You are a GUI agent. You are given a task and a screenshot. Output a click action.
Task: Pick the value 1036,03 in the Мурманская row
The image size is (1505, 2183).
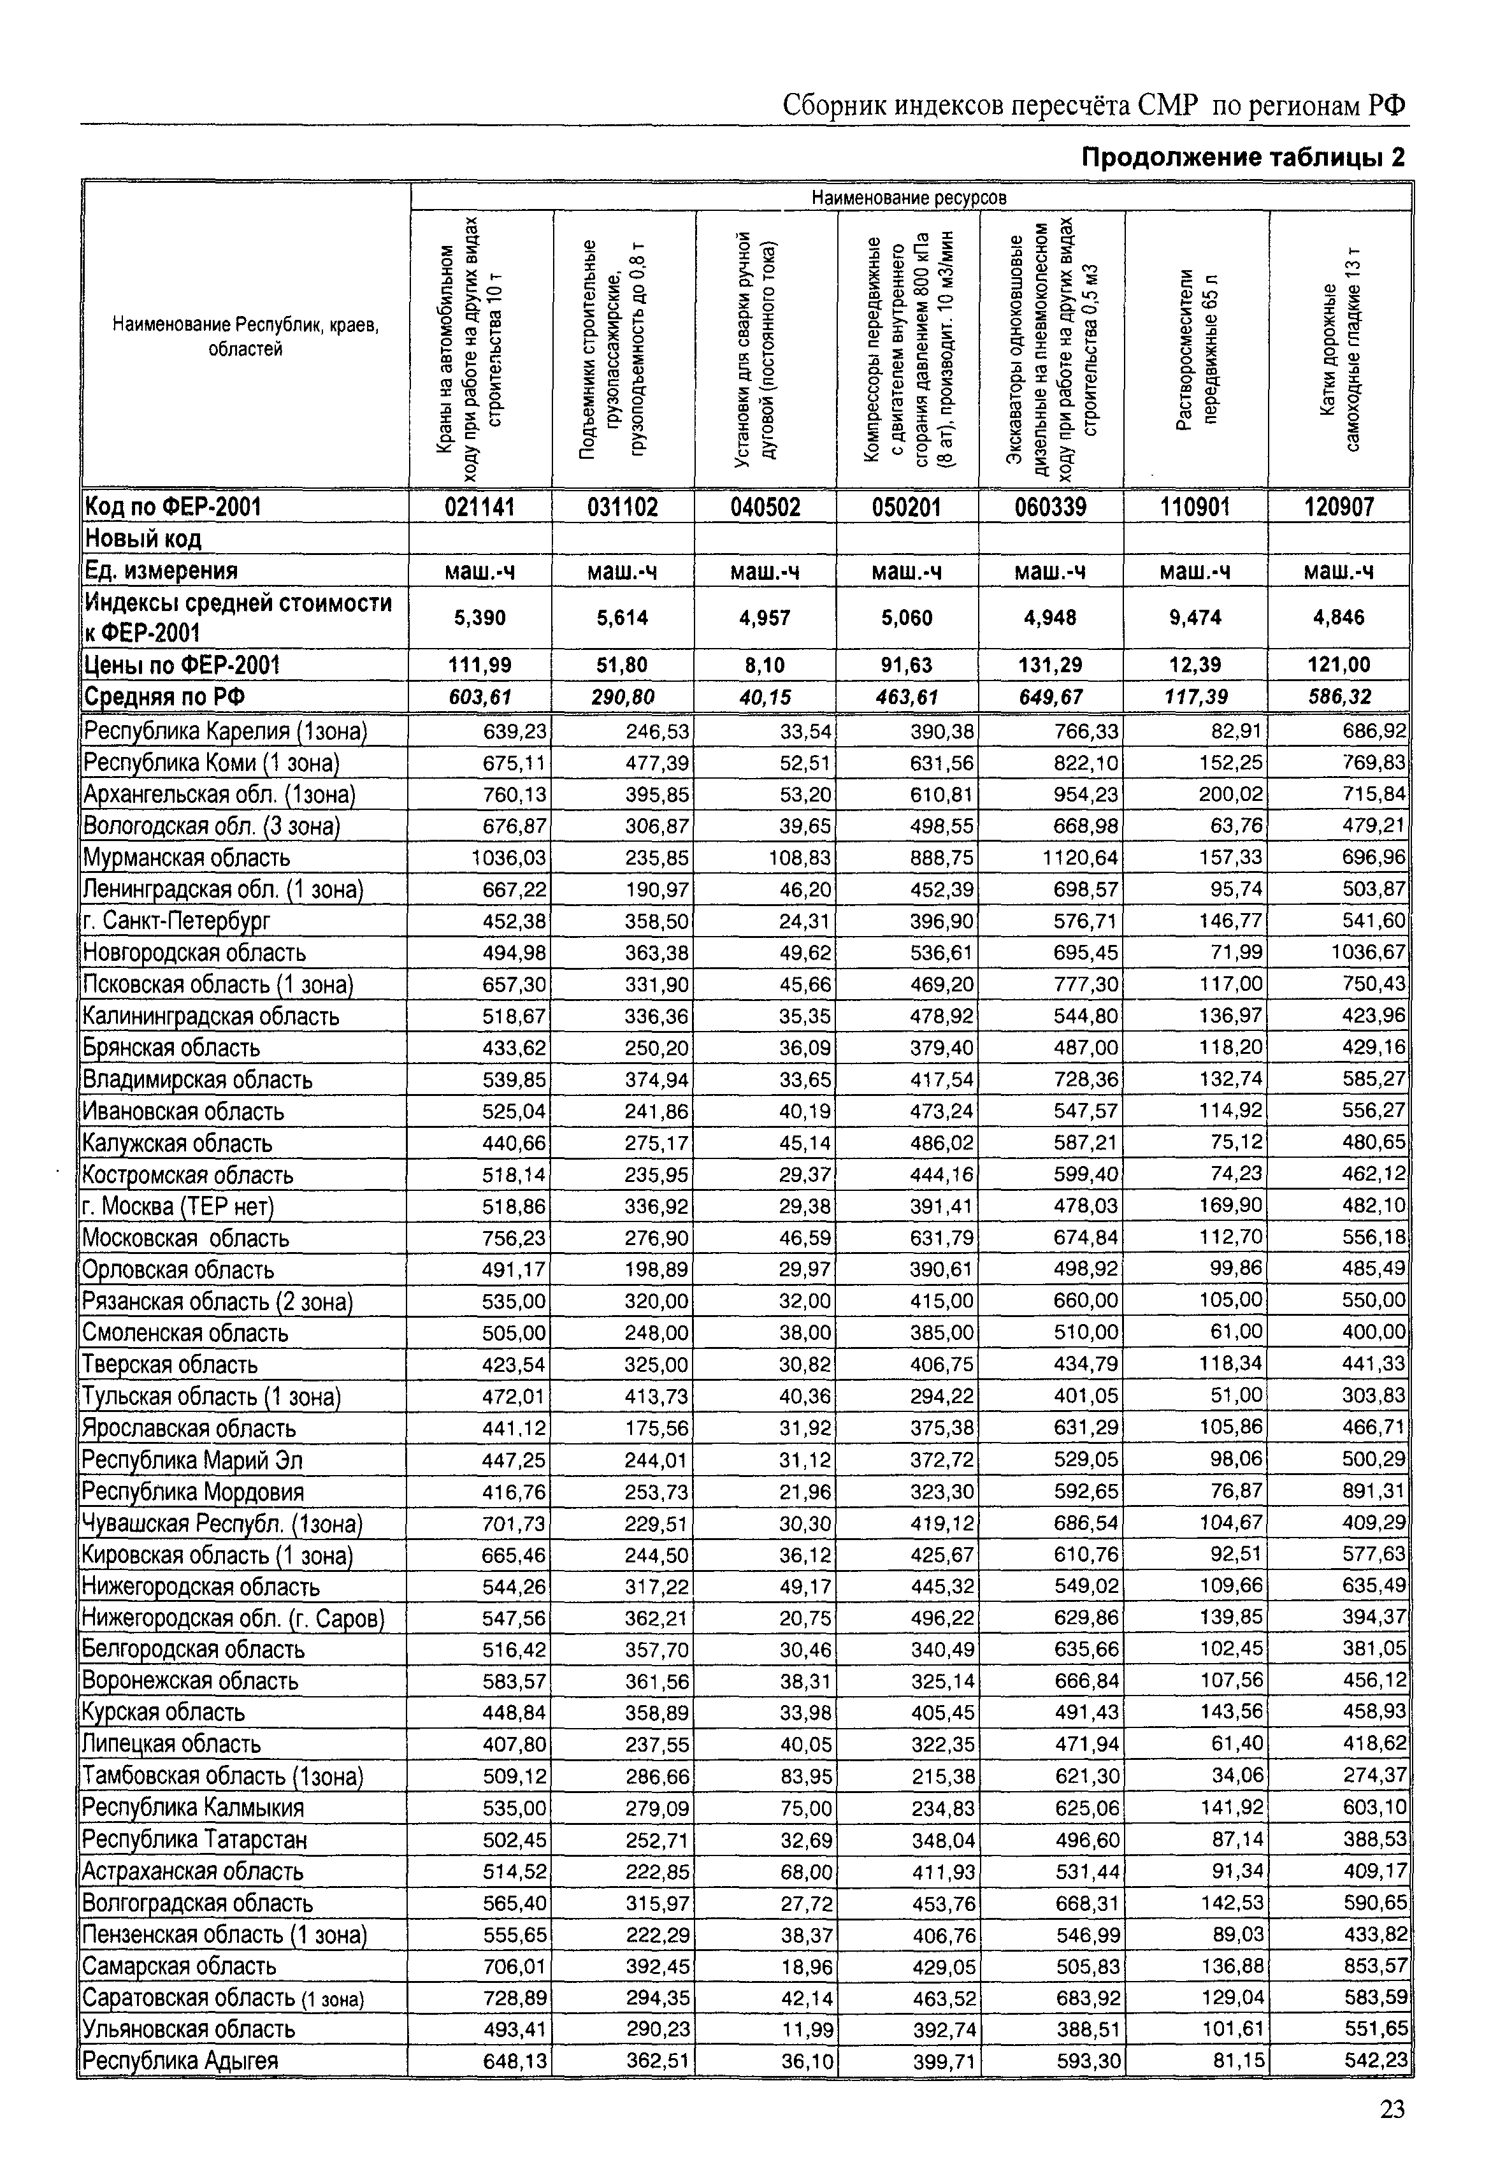click(x=509, y=858)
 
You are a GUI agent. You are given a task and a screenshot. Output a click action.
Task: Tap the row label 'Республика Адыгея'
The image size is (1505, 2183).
click(x=181, y=2061)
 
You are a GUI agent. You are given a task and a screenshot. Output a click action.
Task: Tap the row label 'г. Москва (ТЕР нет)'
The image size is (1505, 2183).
click(x=178, y=1207)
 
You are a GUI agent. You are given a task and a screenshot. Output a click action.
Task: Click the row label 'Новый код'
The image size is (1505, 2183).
click(x=143, y=540)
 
